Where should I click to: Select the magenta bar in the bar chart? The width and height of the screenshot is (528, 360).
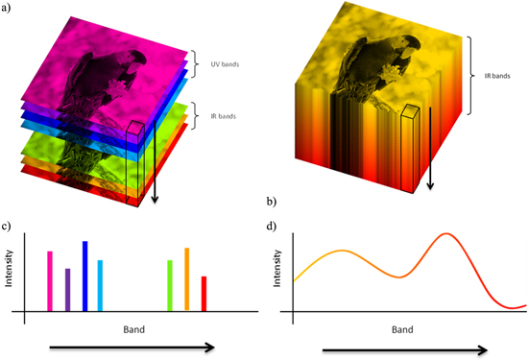coord(50,281)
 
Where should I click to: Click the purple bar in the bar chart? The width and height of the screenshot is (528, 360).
coord(67,290)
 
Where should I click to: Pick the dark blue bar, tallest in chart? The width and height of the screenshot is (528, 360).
coord(84,276)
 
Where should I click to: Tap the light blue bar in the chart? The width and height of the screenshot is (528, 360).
coord(100,286)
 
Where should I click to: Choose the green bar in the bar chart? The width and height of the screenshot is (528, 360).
coord(170,286)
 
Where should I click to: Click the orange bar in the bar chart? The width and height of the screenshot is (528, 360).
coord(186,279)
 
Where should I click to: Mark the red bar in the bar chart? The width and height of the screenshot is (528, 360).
coord(204,294)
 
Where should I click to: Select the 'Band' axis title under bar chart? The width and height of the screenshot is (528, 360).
coord(133,329)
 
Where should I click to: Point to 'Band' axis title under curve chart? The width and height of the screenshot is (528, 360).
coord(402,329)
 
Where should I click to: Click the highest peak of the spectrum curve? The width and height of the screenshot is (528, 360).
coord(445,234)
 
